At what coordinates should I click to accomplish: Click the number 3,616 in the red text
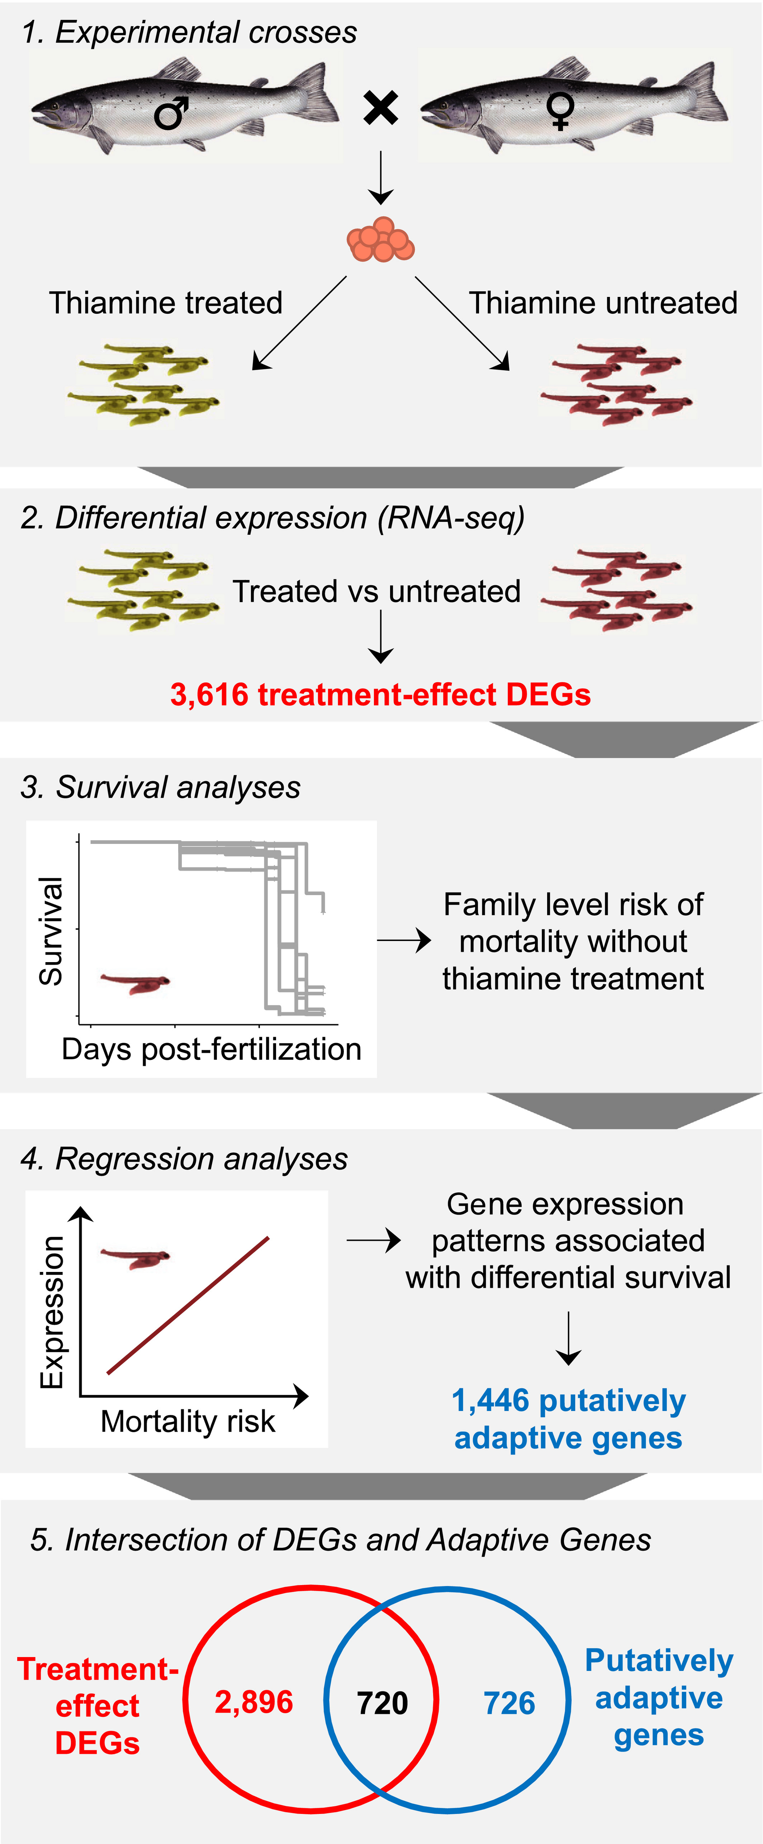[209, 694]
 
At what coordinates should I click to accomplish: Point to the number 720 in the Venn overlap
[383, 1703]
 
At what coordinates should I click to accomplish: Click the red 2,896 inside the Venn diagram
[253, 1702]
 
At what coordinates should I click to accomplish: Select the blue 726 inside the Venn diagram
[510, 1703]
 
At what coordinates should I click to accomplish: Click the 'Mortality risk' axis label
[188, 1421]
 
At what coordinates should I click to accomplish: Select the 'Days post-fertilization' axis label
[211, 1050]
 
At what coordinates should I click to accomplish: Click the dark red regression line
[188, 1305]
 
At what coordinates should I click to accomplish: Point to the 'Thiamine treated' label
[166, 303]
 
